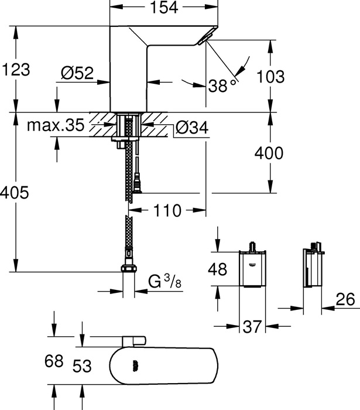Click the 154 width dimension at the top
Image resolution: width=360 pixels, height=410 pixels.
pos(164,8)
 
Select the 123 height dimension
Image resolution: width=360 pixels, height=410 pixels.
pos(16,70)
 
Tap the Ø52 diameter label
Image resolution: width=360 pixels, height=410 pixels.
pos(77,73)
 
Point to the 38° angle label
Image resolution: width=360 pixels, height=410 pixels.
pos(222,85)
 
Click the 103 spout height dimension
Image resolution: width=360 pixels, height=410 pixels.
pos(270,77)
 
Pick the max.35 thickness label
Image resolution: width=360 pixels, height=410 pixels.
pos(56,125)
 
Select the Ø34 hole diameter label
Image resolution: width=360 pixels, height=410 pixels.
pos(192,128)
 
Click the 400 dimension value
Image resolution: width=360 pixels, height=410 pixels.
pos(269,153)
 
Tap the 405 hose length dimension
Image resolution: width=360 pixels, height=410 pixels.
pos(15,193)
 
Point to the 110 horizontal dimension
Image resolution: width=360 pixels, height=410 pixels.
pos(167,210)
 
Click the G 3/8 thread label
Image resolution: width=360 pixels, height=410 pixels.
pos(165,281)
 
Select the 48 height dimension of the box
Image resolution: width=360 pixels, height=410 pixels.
pos(217,269)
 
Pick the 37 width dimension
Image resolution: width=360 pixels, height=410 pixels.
pos(252,327)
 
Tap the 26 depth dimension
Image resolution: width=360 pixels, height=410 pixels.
pos(345,299)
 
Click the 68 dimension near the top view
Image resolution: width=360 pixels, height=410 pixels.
pos(54,361)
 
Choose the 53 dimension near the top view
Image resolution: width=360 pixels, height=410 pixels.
pos(82,366)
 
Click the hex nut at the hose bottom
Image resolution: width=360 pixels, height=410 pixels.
pos(129,268)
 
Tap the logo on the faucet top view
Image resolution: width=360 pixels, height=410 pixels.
pos(136,366)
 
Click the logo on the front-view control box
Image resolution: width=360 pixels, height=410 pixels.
pos(253,265)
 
